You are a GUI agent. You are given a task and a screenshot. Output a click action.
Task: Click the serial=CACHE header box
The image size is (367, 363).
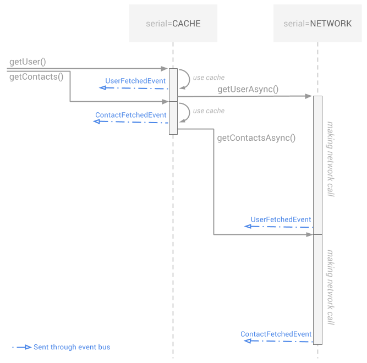coord(173,24)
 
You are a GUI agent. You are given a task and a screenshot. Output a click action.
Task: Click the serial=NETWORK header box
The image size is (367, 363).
coord(317,24)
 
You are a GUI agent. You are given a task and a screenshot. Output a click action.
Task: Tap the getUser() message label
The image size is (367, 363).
coord(27,61)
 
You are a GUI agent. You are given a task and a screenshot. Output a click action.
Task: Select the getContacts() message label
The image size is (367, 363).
coord(36,76)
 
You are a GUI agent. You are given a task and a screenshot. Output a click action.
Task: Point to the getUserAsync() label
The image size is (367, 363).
coord(248,89)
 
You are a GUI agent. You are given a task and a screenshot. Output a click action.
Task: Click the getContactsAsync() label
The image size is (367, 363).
coord(256,138)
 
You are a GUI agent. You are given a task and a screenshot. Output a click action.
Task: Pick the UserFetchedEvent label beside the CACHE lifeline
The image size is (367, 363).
coord(135,81)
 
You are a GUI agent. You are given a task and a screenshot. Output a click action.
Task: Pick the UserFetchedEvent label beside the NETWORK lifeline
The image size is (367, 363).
coord(281,219)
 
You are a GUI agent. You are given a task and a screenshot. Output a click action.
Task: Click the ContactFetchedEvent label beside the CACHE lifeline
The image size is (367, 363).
coord(130,115)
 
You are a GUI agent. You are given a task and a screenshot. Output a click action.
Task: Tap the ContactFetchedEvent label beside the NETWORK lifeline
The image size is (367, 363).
coord(276,334)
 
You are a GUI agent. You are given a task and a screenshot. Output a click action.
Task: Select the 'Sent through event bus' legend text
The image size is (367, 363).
coord(72,347)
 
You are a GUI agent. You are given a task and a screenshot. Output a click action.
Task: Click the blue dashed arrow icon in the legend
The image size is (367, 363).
coord(23,347)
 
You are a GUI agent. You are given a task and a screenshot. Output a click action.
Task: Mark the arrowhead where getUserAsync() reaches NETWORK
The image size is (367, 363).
coord(309,96)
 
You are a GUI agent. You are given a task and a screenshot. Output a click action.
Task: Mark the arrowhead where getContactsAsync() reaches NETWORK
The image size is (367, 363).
coord(309,234)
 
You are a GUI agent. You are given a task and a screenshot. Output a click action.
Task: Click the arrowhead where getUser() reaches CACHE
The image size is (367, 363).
coord(165,69)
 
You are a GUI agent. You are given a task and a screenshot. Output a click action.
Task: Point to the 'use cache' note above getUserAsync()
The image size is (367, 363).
coord(209,78)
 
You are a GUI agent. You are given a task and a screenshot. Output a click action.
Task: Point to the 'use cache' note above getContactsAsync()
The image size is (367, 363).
coord(209,111)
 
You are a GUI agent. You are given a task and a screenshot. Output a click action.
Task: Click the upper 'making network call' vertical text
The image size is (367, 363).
coord(330,159)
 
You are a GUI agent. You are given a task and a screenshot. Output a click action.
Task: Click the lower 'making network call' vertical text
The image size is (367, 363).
coord(330,287)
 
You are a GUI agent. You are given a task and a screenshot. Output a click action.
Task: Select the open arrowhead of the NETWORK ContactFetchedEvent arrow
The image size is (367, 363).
coord(248,341)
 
